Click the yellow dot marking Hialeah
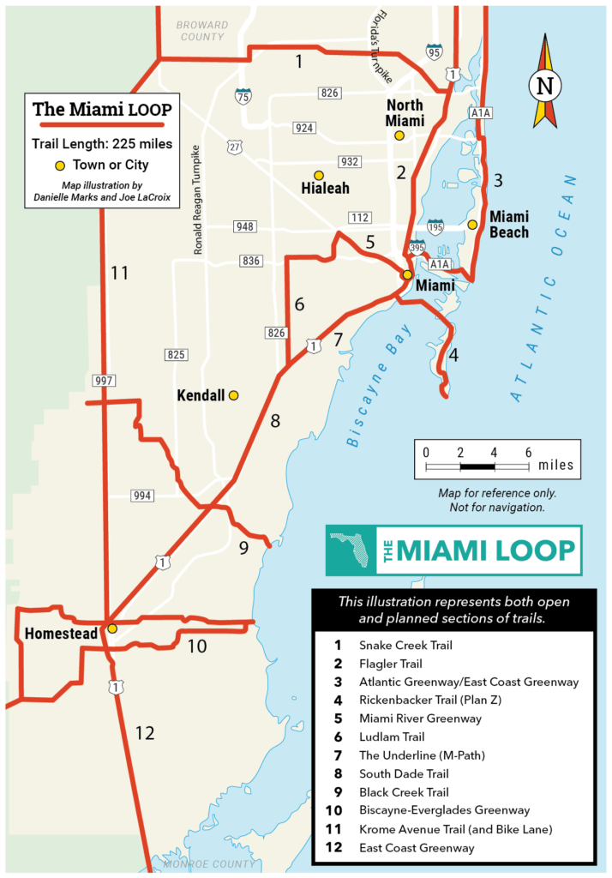[x=319, y=174]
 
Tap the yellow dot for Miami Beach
[x=472, y=225]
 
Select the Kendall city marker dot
[x=233, y=395]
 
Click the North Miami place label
[x=405, y=113]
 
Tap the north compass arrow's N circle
[x=544, y=85]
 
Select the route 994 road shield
[x=142, y=496]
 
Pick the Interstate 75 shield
[x=243, y=95]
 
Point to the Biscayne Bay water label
[x=379, y=385]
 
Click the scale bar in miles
[x=477, y=466]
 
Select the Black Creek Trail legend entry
[x=404, y=792]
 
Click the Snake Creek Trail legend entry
[x=405, y=645]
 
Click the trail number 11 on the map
[x=119, y=274]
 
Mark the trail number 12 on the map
[x=144, y=733]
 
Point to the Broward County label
[x=202, y=31]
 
